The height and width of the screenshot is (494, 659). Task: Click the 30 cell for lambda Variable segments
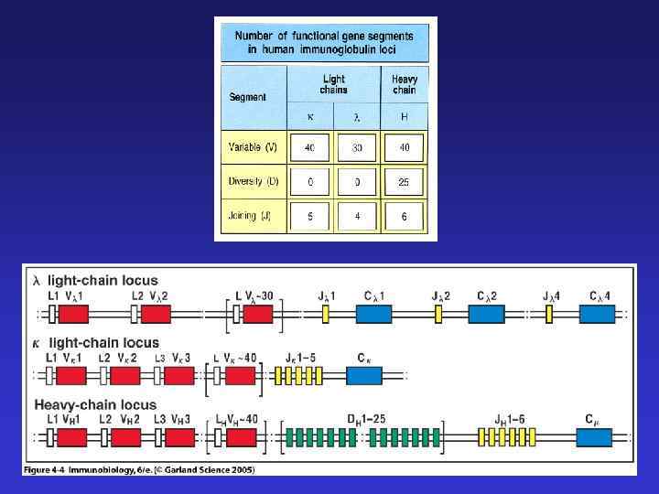[x=358, y=148]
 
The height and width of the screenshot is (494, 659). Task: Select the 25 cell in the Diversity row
[x=404, y=182]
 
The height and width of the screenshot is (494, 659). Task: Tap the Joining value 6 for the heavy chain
[x=404, y=217]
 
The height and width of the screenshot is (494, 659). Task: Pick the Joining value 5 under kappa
[x=310, y=217]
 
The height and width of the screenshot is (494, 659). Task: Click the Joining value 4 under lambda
[x=358, y=217]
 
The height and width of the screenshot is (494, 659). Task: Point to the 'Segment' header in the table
[x=247, y=96]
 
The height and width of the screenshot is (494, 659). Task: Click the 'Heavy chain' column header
[x=404, y=85]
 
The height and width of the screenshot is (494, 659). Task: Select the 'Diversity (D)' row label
[x=254, y=181]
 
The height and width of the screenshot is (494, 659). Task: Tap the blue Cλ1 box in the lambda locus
[x=373, y=314]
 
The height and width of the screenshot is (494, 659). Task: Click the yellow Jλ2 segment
[x=438, y=314]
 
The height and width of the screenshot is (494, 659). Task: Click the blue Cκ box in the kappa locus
[x=365, y=375]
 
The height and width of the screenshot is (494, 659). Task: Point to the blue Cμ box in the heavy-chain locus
[x=595, y=436]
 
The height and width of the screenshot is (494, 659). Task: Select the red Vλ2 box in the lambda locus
[x=156, y=314]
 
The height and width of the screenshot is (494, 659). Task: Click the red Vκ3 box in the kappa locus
[x=179, y=375]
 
